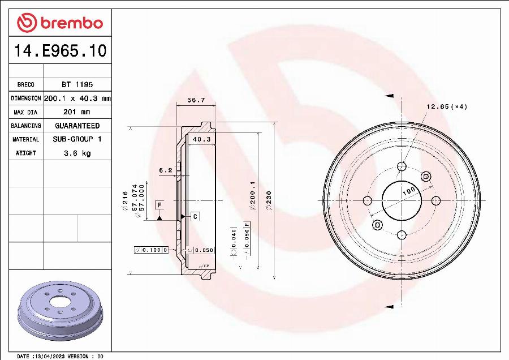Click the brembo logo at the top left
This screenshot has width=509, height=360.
59,23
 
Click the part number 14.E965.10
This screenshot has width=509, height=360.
59,51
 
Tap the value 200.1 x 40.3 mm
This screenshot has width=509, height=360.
77,98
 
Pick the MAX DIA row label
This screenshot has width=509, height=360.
25,112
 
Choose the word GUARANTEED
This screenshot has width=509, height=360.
77,126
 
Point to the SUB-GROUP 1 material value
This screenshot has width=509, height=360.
77,139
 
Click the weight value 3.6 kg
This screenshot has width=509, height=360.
77,153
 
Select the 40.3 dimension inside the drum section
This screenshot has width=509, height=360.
201,139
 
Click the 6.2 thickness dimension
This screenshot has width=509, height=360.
165,170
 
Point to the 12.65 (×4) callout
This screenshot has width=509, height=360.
446,106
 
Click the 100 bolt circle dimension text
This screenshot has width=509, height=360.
408,191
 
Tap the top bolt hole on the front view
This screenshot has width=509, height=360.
402,166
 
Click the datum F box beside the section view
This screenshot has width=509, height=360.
159,204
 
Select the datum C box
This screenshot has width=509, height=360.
195,216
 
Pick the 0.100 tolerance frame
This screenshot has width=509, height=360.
150,250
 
